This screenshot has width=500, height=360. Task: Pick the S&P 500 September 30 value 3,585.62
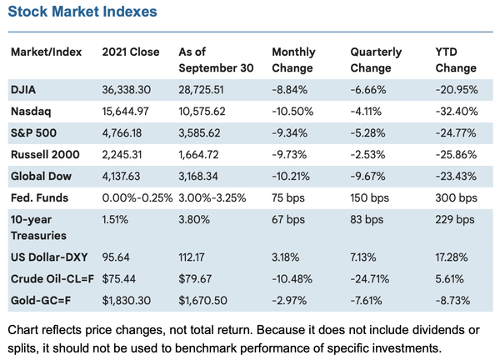[203, 132]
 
